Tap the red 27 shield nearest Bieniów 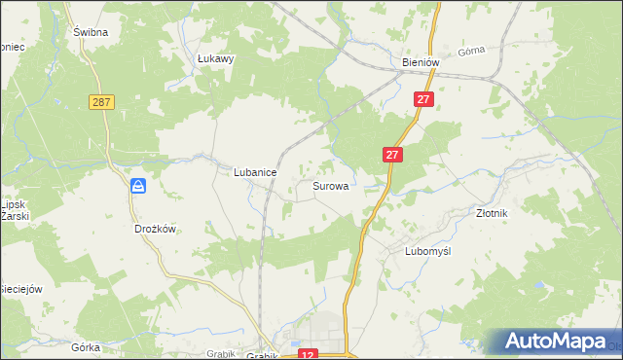(422, 99)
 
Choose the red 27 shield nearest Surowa (391, 155)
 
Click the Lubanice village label (255, 172)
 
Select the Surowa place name (331, 185)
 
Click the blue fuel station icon (139, 185)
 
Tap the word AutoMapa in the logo (568, 342)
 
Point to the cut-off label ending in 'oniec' (11, 46)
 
